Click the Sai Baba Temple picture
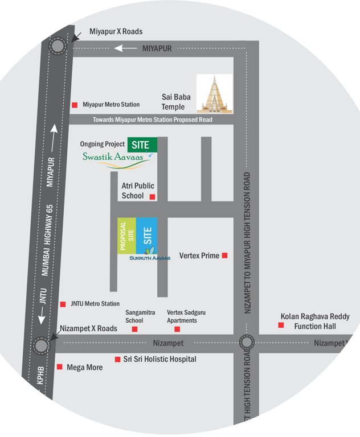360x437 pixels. [x=215, y=93]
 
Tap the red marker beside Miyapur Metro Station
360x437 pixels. [x=75, y=105]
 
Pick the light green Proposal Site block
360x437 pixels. [x=127, y=236]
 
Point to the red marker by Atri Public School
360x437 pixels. [x=152, y=197]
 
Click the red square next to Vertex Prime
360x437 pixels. [x=225, y=255]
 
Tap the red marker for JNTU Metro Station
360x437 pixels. [x=63, y=304]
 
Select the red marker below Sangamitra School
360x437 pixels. [x=135, y=329]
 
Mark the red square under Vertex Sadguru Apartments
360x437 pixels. [x=177, y=329]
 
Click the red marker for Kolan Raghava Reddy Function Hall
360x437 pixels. [x=281, y=325]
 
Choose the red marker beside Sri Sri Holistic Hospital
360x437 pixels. [x=117, y=359]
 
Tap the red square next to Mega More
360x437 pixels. [x=60, y=367]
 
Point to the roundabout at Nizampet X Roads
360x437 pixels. [x=40, y=345]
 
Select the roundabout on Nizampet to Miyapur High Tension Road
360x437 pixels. [x=247, y=343]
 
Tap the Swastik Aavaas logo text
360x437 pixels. [x=116, y=157]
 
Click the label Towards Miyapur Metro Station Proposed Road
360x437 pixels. [x=152, y=120]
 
